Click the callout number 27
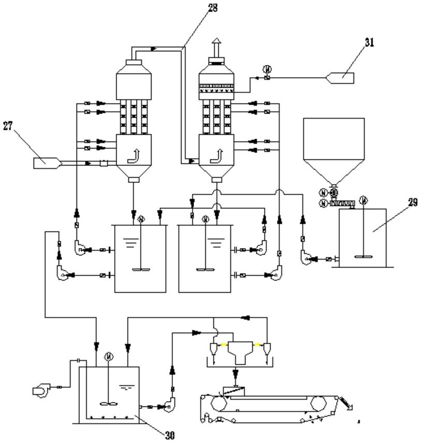tap(8, 126)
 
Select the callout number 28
tap(213, 8)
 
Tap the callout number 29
tap(413, 202)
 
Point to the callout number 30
tap(170, 435)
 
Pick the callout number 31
tap(369, 42)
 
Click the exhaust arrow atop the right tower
tap(216, 47)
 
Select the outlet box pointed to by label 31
tap(340, 78)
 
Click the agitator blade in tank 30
tap(108, 404)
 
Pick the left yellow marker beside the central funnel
tap(224, 345)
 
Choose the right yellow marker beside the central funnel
tap(257, 345)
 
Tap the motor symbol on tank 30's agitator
tap(109, 357)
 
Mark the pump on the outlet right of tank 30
tap(169, 405)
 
